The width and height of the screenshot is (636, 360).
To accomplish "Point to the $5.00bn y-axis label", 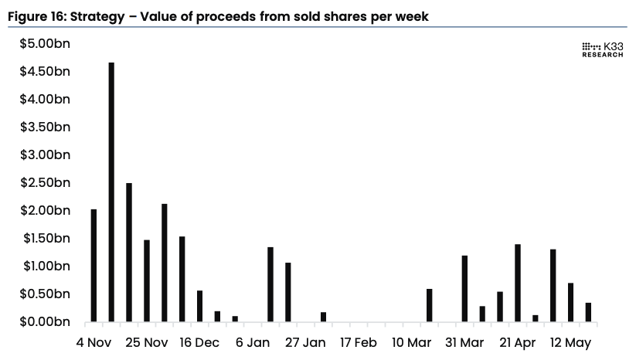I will [x=45, y=44].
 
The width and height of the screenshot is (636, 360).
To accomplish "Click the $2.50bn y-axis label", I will [x=45, y=183].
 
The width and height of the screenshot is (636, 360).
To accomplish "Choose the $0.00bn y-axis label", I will [x=45, y=321].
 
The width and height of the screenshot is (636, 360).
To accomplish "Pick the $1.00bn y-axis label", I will [x=45, y=266].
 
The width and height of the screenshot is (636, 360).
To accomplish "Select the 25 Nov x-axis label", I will [x=146, y=342].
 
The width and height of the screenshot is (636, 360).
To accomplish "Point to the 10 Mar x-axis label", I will [x=411, y=342].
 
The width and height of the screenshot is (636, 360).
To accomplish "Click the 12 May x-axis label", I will [x=570, y=342].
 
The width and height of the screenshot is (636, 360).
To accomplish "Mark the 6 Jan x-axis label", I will [x=252, y=342].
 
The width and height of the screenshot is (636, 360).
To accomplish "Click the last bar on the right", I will [x=588, y=312].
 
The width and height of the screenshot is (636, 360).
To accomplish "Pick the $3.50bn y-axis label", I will [x=45, y=127].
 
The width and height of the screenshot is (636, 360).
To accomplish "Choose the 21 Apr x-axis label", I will [x=517, y=342].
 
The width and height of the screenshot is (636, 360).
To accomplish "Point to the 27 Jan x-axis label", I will [x=305, y=342].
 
